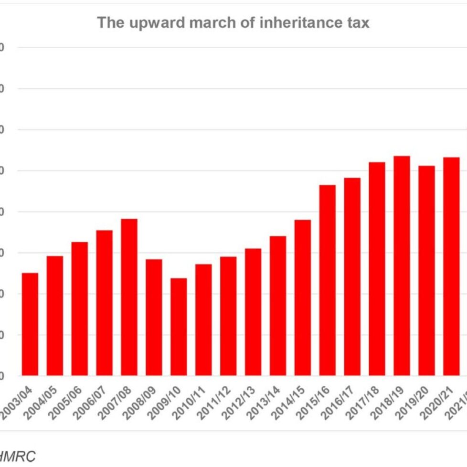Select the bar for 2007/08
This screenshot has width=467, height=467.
[x=129, y=297]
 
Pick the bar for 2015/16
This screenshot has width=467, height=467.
[x=327, y=280]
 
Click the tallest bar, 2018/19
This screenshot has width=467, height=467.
[x=402, y=265]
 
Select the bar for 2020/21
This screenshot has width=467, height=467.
[x=451, y=266]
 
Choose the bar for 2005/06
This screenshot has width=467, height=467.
[x=80, y=308]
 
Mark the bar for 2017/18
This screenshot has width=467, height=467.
[x=377, y=268]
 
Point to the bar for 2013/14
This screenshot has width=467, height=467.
[x=278, y=306]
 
